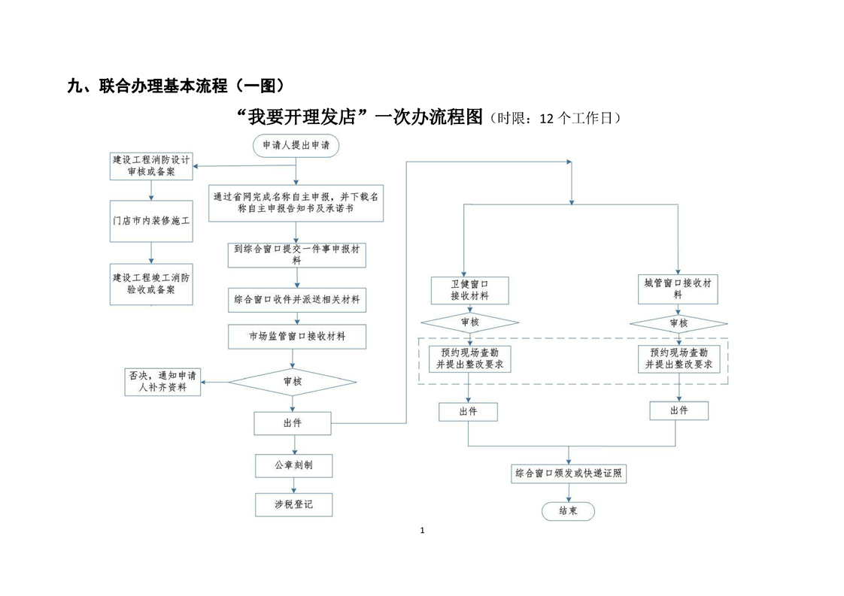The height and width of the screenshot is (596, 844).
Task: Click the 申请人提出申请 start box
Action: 296,145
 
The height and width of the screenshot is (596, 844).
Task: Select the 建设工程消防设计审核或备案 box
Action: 151,165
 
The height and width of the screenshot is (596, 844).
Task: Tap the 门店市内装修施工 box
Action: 151,222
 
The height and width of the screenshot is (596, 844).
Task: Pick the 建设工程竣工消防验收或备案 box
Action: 151,283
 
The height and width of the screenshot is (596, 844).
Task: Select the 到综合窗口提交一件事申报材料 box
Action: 296,255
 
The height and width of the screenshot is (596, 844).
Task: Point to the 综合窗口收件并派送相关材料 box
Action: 296,299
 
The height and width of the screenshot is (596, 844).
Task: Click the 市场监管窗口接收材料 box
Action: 296,337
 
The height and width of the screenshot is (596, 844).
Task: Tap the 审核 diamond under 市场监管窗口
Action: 293,382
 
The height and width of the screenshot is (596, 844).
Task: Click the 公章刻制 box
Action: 293,466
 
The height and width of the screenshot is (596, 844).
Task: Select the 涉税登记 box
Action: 293,504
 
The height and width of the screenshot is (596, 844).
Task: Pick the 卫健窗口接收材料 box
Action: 469,290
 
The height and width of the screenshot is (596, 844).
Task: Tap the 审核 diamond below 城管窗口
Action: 678,323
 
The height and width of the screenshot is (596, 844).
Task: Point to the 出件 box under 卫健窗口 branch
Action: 468,412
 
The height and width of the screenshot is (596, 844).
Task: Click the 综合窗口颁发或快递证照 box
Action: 569,474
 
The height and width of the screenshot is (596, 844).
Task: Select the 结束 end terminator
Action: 568,511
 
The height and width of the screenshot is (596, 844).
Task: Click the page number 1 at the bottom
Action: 422,531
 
